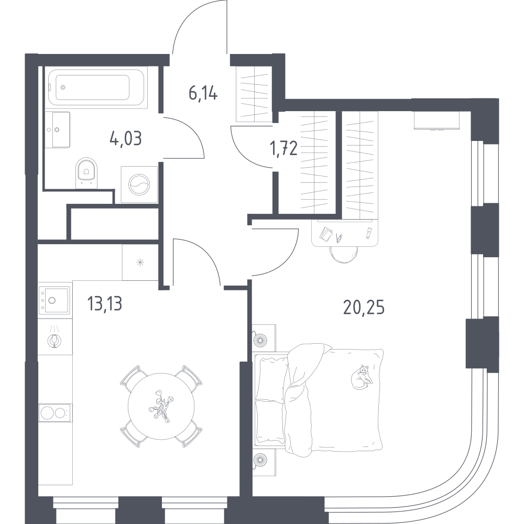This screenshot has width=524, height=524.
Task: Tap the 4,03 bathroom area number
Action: pyautogui.click(x=126, y=138)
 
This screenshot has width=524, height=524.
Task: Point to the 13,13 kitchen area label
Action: pyautogui.click(x=105, y=303)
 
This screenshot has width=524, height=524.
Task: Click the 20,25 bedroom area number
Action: pyautogui.click(x=364, y=308)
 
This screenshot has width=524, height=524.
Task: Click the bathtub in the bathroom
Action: pyautogui.click(x=96, y=87)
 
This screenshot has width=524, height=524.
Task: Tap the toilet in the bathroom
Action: pyautogui.click(x=86, y=172)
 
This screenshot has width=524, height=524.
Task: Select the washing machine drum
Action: pyautogui.click(x=139, y=184)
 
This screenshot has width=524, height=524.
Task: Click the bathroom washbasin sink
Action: pyautogui.click(x=57, y=129)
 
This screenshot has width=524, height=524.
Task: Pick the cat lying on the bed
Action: pyautogui.click(x=362, y=377)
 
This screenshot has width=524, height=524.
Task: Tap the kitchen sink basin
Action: pyautogui.click(x=54, y=300)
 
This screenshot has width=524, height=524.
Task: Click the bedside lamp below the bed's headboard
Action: pyautogui.click(x=260, y=461)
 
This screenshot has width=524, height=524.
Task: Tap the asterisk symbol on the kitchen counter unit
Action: pyautogui.click(x=140, y=263)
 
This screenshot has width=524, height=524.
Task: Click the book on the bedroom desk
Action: pyautogui.click(x=325, y=234)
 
